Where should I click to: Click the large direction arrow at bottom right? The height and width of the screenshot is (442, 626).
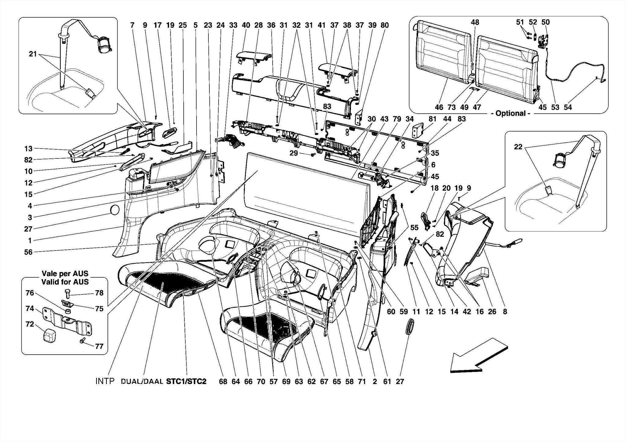tap(478, 356)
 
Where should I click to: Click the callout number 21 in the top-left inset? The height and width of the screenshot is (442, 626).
tap(33, 54)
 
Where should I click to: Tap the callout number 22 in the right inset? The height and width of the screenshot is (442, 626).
tap(518, 147)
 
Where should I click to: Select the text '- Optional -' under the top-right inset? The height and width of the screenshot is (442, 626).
tap(510, 113)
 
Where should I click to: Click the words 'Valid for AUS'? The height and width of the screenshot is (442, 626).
tap(65, 282)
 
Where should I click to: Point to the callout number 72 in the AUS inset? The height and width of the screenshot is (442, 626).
tap(30, 324)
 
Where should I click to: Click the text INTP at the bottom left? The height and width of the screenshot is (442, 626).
tap(105, 381)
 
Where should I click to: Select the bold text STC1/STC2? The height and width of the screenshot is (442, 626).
tap(186, 382)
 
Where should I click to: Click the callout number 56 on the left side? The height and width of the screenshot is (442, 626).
tap(28, 252)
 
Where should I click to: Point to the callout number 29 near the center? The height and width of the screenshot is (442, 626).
tap(293, 153)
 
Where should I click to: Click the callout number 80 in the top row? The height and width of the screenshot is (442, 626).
tap(385, 25)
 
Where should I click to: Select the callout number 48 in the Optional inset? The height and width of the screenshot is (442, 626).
tap(475, 22)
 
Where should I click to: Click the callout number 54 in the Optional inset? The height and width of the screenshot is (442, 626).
tap(568, 107)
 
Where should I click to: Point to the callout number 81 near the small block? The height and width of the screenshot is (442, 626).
tap(432, 119)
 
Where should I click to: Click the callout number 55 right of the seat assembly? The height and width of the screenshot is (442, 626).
tap(414, 227)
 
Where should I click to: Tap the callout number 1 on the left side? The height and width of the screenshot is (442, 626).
tap(30, 241)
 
